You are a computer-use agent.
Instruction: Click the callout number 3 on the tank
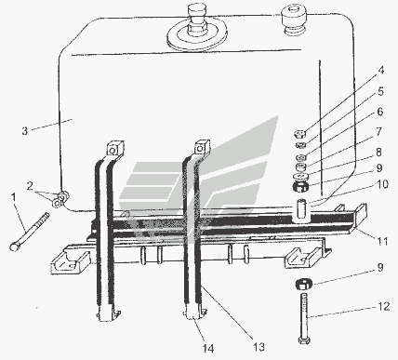(25, 130)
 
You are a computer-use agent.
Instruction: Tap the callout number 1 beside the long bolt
(13, 196)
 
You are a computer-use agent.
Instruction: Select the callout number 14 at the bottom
(208, 349)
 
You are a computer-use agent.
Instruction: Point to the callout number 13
(259, 347)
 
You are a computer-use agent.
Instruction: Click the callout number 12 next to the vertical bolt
(383, 306)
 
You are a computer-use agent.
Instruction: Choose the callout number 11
(382, 241)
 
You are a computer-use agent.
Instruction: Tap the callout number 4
(381, 71)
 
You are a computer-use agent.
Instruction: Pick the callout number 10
(382, 184)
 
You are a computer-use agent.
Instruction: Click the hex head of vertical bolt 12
(304, 340)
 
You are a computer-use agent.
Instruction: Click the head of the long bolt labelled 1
(15, 247)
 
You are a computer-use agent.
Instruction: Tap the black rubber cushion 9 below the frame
(303, 284)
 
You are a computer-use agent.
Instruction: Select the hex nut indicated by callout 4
(299, 134)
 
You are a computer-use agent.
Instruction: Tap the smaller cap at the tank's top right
(293, 20)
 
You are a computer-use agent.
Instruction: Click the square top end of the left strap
(115, 149)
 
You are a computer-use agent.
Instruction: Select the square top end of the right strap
(202, 148)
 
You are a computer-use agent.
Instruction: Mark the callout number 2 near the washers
(30, 186)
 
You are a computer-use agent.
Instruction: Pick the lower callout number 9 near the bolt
(380, 267)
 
